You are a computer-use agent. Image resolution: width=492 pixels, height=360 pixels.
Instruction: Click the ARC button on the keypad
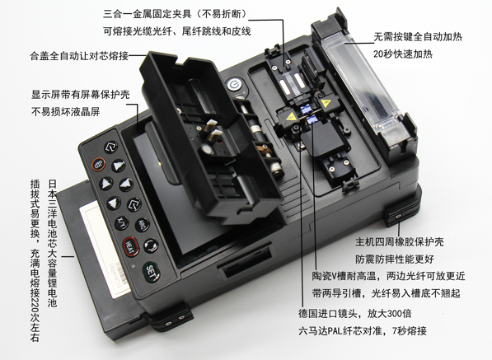142,225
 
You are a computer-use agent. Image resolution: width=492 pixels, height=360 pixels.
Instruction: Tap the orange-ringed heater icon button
99,164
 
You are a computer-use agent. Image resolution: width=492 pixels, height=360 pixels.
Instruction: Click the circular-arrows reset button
151,245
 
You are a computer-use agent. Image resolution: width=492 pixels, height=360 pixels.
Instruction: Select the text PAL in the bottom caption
335,330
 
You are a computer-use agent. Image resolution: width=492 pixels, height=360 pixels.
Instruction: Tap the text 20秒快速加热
402,54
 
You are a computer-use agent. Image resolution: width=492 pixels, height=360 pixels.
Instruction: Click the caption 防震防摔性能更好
395,259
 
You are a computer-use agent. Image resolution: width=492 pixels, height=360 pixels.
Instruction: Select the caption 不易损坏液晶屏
66,111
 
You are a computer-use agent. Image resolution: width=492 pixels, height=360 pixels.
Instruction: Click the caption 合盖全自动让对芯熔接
79,56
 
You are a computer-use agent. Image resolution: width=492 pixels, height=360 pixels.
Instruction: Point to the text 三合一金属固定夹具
147,14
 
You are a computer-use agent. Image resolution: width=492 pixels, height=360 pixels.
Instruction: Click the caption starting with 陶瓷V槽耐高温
388,276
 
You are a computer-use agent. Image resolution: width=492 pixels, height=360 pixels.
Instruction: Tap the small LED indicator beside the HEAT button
134,265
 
